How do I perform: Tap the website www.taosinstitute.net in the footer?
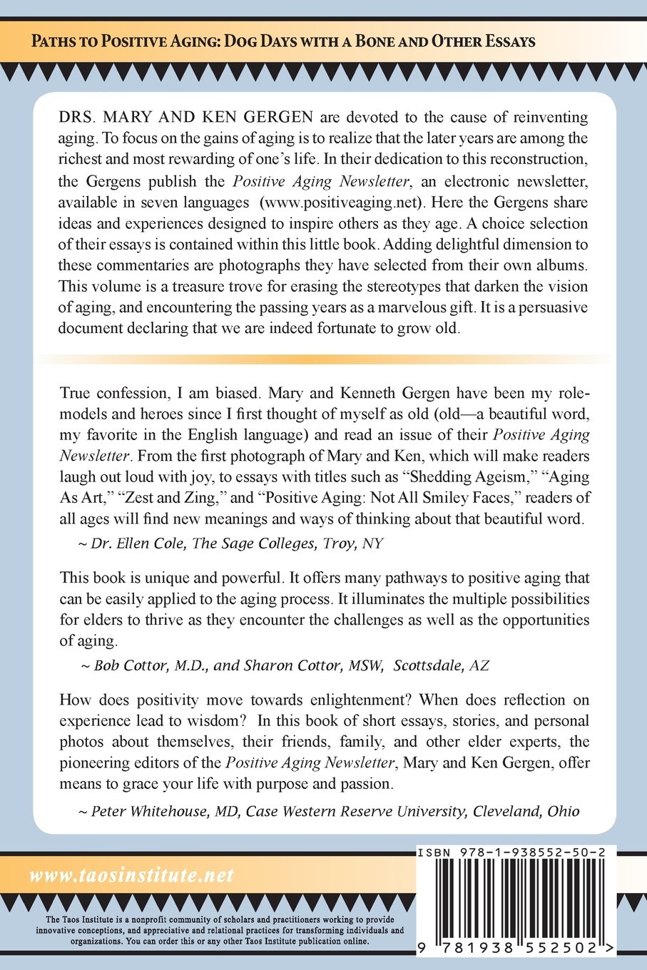coord(132,876)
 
